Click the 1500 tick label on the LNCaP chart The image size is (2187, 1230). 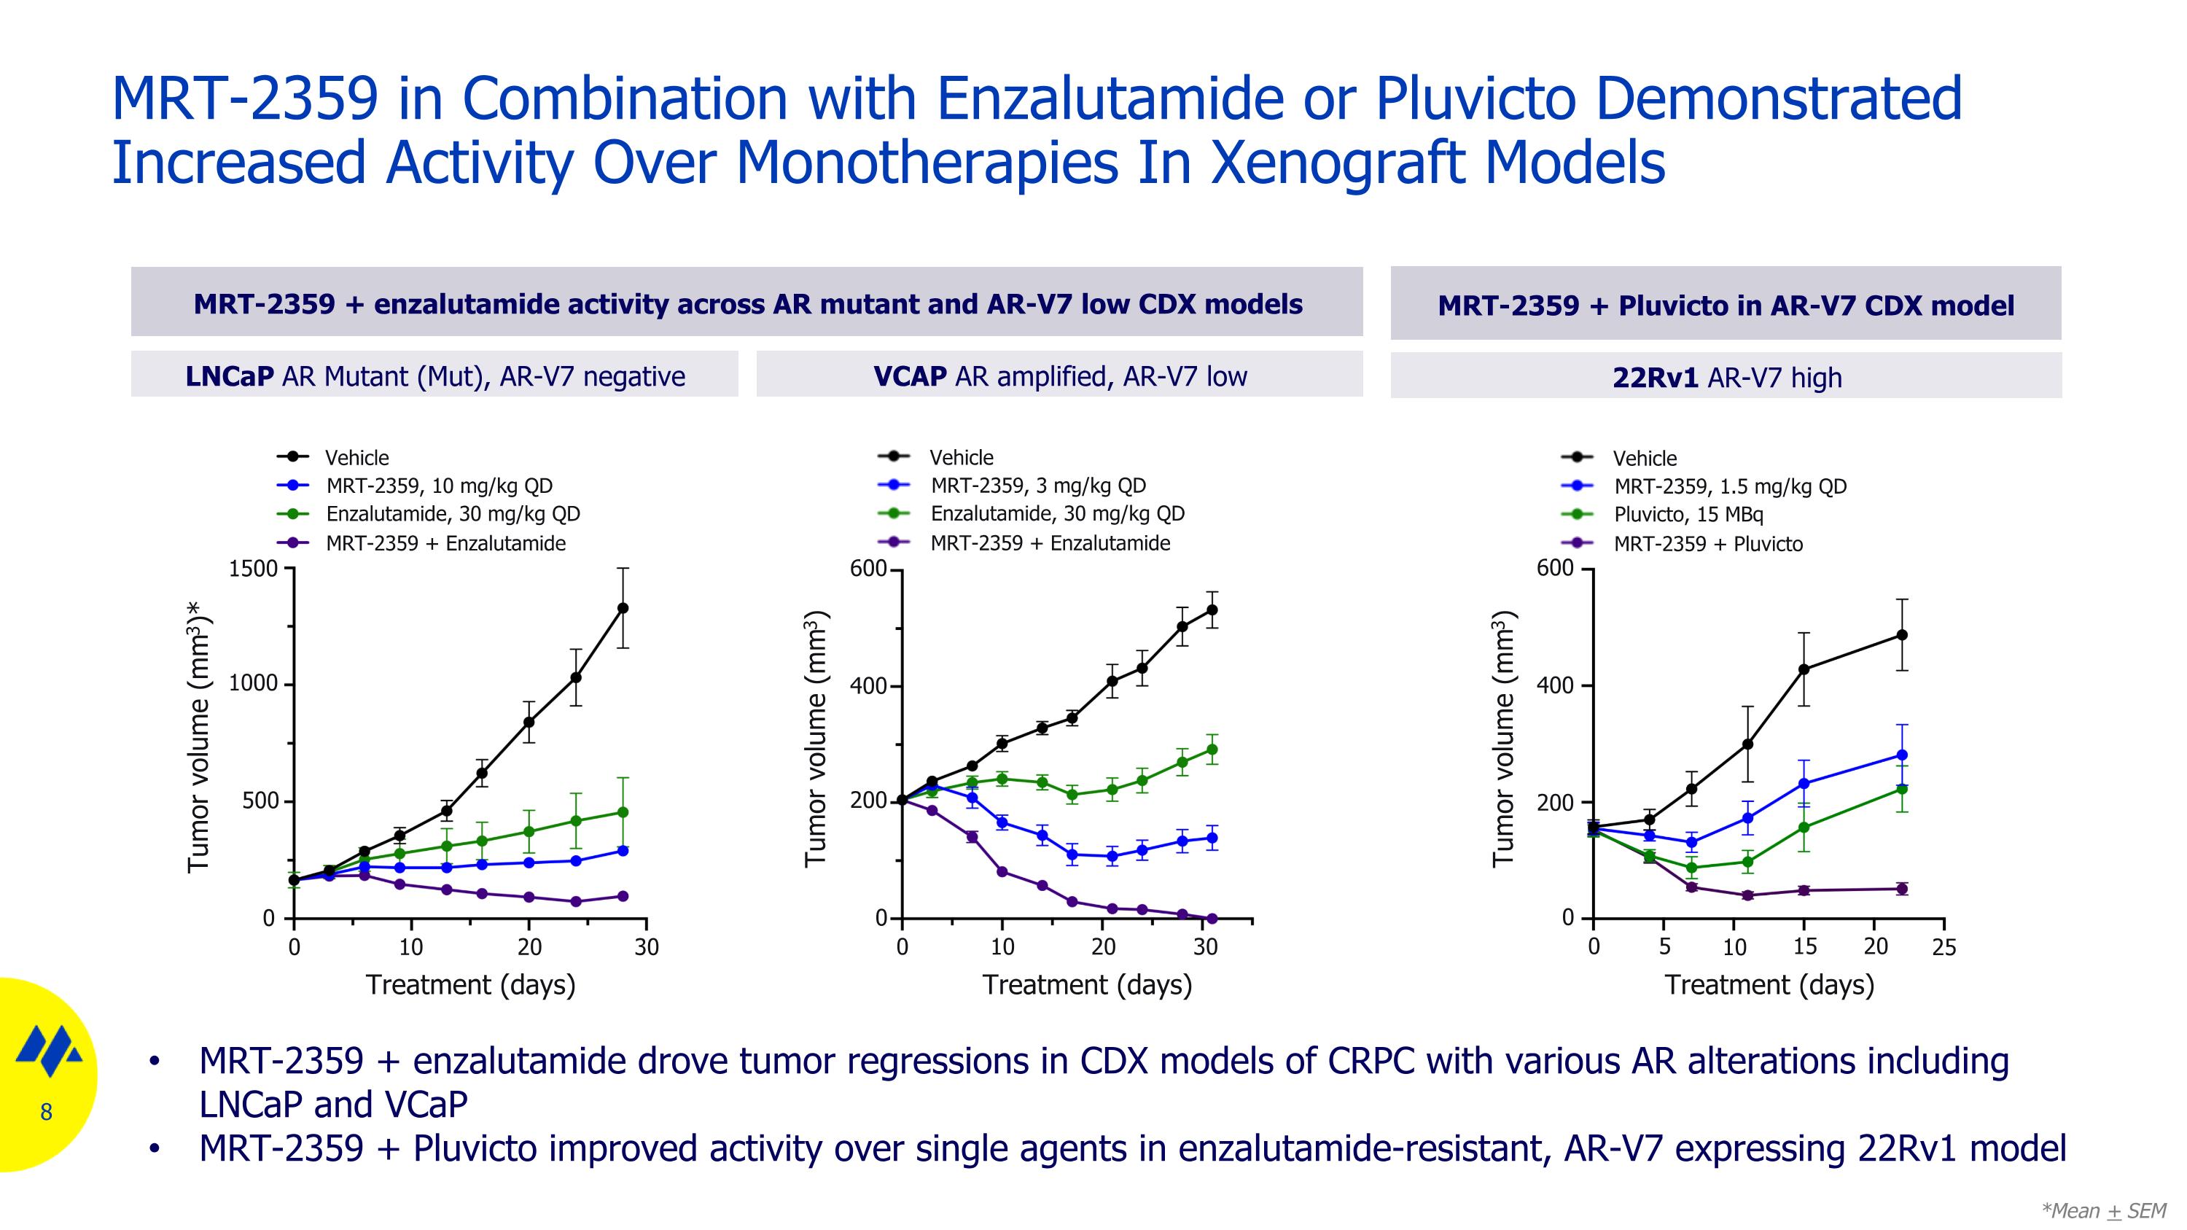coord(253,569)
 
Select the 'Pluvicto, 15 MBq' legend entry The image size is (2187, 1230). coord(1688,515)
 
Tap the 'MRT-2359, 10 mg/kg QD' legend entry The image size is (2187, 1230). coord(439,486)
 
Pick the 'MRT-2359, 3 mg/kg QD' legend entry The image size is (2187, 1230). coord(1037,486)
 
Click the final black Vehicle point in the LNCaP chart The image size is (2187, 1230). coord(623,608)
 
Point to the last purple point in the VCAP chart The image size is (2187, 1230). coord(1212,919)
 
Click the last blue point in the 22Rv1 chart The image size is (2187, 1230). coord(1902,755)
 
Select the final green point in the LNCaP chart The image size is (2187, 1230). coord(623,812)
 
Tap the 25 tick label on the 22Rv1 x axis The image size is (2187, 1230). coord(1944,947)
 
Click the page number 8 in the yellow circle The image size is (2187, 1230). coord(46,1112)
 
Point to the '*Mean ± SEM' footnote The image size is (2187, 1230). coord(2103,1210)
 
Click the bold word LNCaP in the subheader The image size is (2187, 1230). coord(229,376)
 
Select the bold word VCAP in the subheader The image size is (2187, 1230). coord(909,376)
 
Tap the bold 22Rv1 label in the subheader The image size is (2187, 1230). coord(1655,378)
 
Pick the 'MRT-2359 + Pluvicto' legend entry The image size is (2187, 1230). coord(1707,544)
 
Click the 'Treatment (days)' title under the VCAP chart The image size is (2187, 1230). coord(1087,985)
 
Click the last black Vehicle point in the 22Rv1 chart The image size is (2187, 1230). coord(1902,635)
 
